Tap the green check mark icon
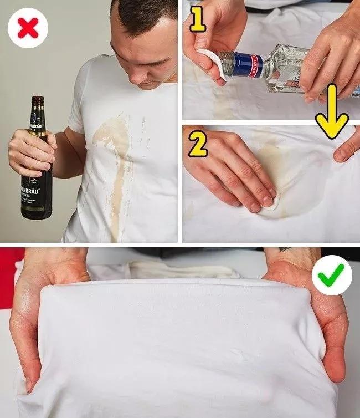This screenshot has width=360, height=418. point(332,273)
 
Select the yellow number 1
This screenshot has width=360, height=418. point(198,21)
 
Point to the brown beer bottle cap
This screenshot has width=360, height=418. point(38,99)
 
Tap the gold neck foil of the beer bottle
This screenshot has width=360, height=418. point(37,119)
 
